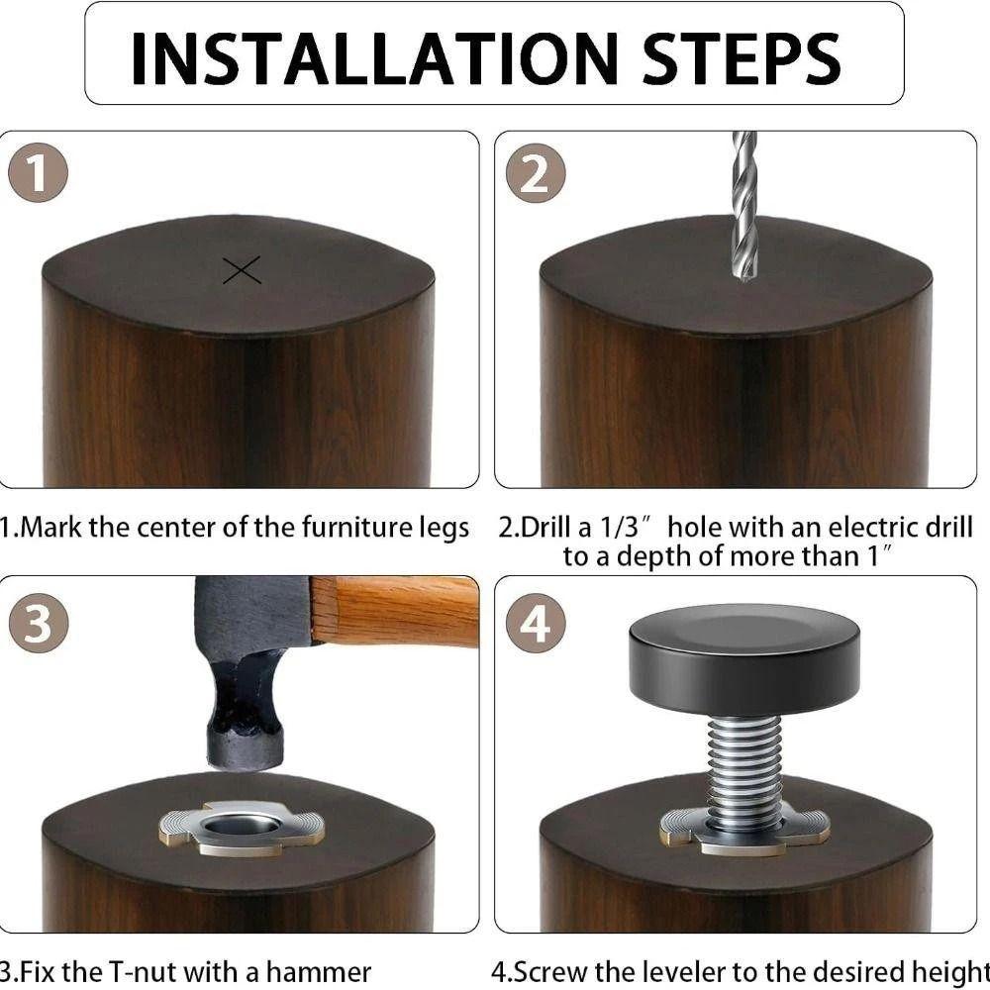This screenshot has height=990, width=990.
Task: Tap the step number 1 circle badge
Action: (x=39, y=176)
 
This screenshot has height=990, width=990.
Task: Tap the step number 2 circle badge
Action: (x=536, y=176)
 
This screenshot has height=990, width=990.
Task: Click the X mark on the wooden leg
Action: (x=242, y=270)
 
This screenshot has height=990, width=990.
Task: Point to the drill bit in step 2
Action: (x=743, y=208)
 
